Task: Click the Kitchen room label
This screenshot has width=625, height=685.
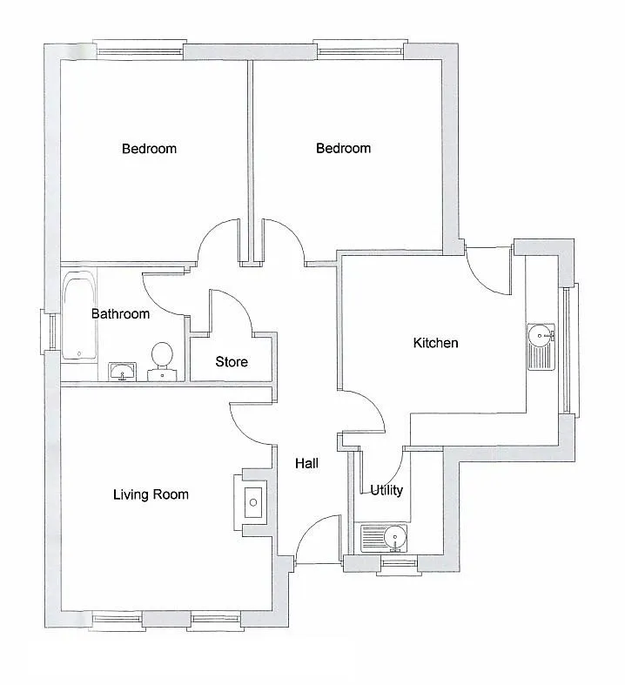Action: point(435,343)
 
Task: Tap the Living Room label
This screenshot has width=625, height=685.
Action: point(151,494)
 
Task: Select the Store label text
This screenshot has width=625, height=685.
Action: point(232,362)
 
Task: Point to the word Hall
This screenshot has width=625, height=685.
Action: point(306,463)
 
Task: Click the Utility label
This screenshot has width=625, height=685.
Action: point(386,490)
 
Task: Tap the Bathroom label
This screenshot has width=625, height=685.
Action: point(120,313)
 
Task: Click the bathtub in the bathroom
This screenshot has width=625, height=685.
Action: point(78,315)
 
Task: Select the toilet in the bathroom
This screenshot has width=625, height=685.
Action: point(162,362)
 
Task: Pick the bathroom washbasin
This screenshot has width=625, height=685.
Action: point(122,372)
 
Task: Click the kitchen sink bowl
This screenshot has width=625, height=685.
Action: point(541,335)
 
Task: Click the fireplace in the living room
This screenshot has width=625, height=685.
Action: point(252,502)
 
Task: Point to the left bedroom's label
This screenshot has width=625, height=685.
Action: point(150,149)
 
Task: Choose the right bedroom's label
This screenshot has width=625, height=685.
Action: point(343,148)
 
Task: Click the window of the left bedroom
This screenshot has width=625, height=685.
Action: point(139,50)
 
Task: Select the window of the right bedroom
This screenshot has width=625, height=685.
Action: point(360,50)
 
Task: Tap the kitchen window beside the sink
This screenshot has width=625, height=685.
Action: point(568,351)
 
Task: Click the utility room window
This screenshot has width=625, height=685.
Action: point(400,564)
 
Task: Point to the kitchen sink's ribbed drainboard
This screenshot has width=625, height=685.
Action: point(541,359)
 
